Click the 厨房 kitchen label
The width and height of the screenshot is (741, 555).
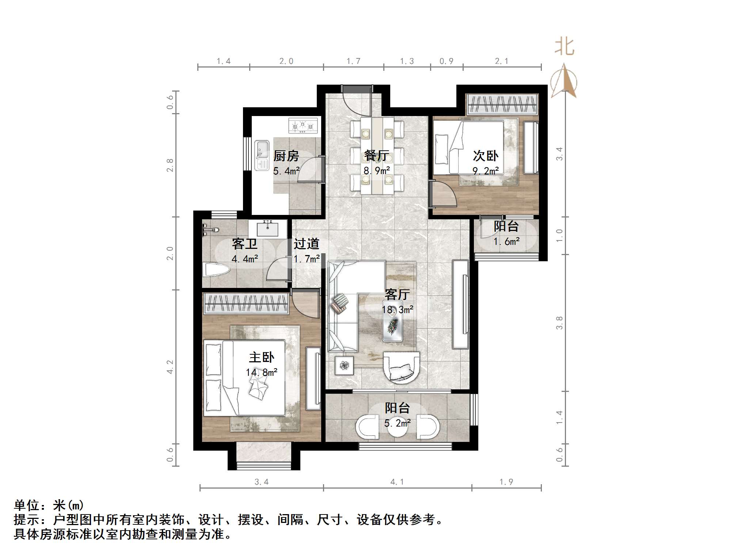point(286,156)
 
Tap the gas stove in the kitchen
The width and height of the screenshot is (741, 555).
point(303,126)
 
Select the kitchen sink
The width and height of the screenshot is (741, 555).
point(261,155)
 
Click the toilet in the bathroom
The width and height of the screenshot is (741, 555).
point(216,270)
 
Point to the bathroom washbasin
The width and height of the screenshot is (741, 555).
point(267,230)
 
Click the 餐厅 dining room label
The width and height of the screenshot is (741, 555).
point(376,156)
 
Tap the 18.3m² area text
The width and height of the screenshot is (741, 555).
point(398,310)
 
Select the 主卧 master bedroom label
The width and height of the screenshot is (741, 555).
point(262,357)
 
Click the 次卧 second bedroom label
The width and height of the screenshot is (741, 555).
point(486,156)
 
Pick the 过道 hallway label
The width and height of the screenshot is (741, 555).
point(307,244)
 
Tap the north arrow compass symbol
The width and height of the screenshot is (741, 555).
point(564,82)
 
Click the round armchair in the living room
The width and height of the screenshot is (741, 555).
point(401,367)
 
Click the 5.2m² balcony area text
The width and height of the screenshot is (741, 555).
point(398,423)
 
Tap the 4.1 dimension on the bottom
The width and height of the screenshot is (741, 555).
point(397,482)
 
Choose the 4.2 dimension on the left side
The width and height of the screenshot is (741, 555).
point(170,367)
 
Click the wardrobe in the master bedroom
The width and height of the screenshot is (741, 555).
point(246,304)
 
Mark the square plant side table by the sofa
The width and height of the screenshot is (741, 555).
point(344,365)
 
